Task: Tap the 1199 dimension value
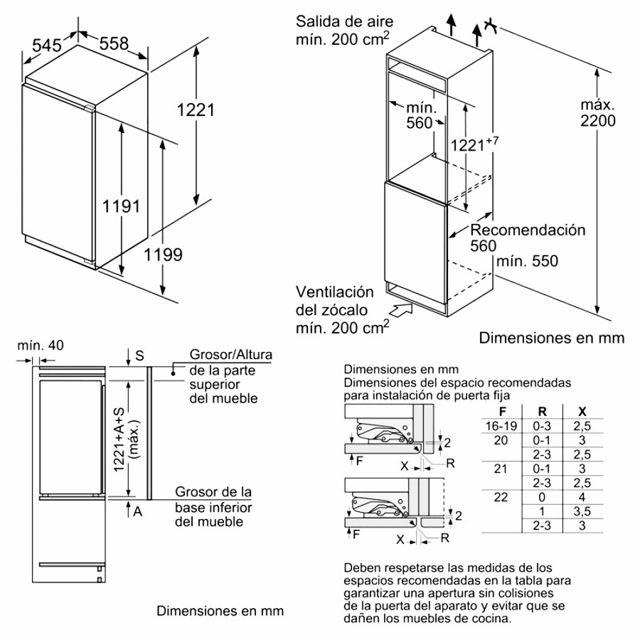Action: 164,254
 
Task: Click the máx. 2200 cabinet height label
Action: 597,113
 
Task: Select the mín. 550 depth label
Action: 527,261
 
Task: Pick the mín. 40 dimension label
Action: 39,346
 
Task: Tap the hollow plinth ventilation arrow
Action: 400,310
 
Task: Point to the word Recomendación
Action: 528,230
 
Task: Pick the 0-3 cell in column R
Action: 542,425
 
